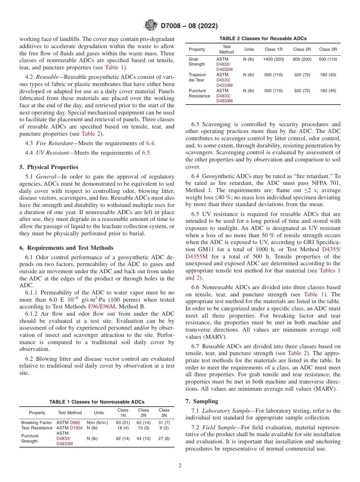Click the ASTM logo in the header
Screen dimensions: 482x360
click(x=151, y=26)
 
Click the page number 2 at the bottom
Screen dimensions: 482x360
click(x=180, y=466)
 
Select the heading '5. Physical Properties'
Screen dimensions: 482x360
click(x=49, y=167)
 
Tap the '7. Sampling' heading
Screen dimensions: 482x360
click(x=202, y=401)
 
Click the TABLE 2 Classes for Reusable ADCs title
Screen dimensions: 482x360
click(x=263, y=39)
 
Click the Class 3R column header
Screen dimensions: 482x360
click(x=328, y=49)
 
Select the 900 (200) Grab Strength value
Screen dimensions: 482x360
click(x=302, y=59)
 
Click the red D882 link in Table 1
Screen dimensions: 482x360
click(x=75, y=423)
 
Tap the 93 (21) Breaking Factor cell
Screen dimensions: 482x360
click(x=123, y=423)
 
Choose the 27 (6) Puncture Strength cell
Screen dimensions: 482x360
click(x=164, y=438)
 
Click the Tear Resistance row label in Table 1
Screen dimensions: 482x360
click(x=37, y=428)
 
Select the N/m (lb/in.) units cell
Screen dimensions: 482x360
click(x=97, y=423)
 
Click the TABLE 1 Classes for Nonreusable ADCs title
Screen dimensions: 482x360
click(x=97, y=402)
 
